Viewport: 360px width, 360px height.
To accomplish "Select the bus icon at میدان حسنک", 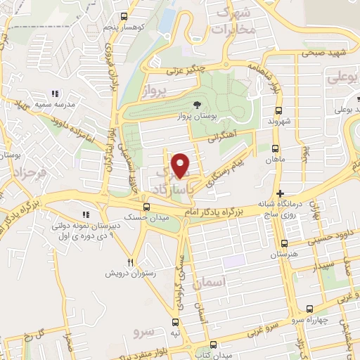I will pos(146,207).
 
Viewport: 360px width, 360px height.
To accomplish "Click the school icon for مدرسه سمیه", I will pos(54,94).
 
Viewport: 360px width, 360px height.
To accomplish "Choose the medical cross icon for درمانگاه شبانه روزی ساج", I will pos(280,193).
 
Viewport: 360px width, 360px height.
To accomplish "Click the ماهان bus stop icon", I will pos(274,149).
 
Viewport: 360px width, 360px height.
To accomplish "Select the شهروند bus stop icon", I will pos(278,110).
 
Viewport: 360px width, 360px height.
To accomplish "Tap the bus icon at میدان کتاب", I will pos(214,345).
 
